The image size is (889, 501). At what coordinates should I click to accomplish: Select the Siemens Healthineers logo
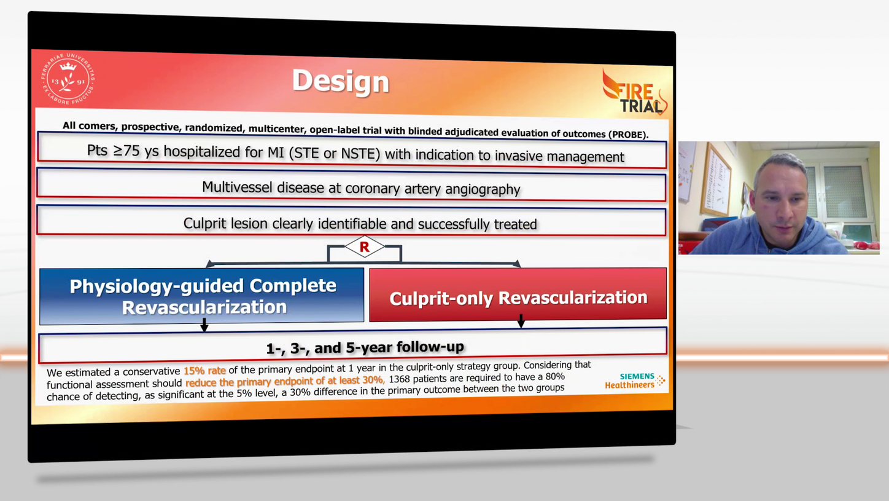point(635,381)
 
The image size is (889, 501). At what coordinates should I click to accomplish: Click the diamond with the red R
point(364,247)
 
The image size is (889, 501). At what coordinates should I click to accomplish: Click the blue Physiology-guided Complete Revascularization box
point(202,296)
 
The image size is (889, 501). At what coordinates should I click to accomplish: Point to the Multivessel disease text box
point(361,188)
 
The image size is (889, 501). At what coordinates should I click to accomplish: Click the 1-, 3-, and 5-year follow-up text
point(365,347)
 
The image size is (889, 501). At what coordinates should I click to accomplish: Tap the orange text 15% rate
point(204,371)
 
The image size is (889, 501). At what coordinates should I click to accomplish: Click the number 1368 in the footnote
point(400,378)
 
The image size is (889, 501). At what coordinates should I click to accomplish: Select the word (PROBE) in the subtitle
point(628,134)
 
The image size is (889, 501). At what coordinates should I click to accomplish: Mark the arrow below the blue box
point(204,325)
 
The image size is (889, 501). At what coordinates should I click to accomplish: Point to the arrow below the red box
point(521,321)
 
